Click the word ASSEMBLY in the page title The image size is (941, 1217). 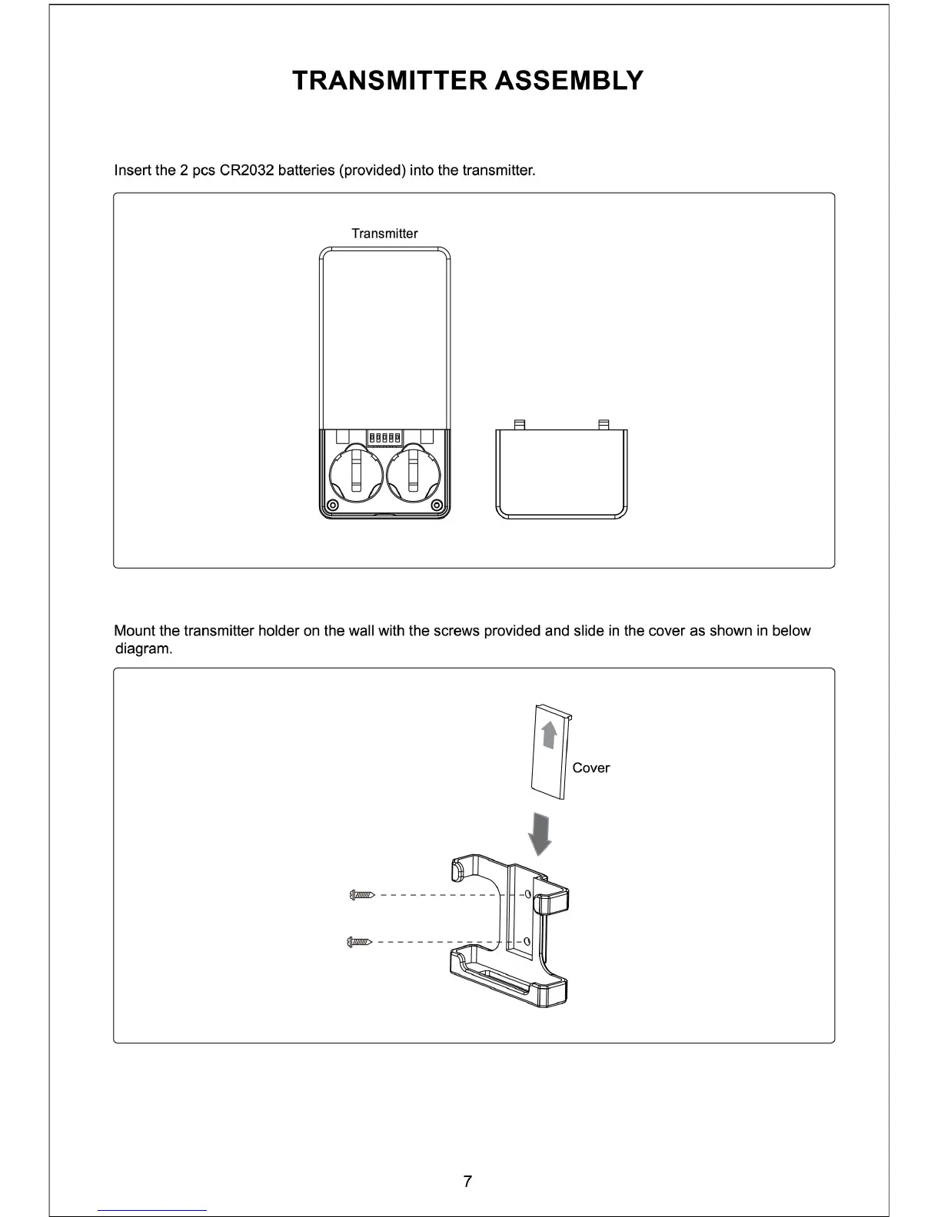point(569,81)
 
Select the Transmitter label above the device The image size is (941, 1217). point(384,234)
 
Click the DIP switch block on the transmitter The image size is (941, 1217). point(384,438)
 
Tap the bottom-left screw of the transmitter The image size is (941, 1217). point(332,505)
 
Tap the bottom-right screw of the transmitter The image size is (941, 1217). point(437,505)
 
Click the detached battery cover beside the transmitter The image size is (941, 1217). point(562,474)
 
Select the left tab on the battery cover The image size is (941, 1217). point(520,423)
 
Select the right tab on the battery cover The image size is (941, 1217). point(604,423)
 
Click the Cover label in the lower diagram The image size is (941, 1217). point(590,768)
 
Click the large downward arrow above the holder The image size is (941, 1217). point(541,834)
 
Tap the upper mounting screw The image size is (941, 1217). point(361,894)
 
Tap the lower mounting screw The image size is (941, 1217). point(360,941)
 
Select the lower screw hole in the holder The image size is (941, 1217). point(527,941)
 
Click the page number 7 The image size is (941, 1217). point(467,1182)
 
